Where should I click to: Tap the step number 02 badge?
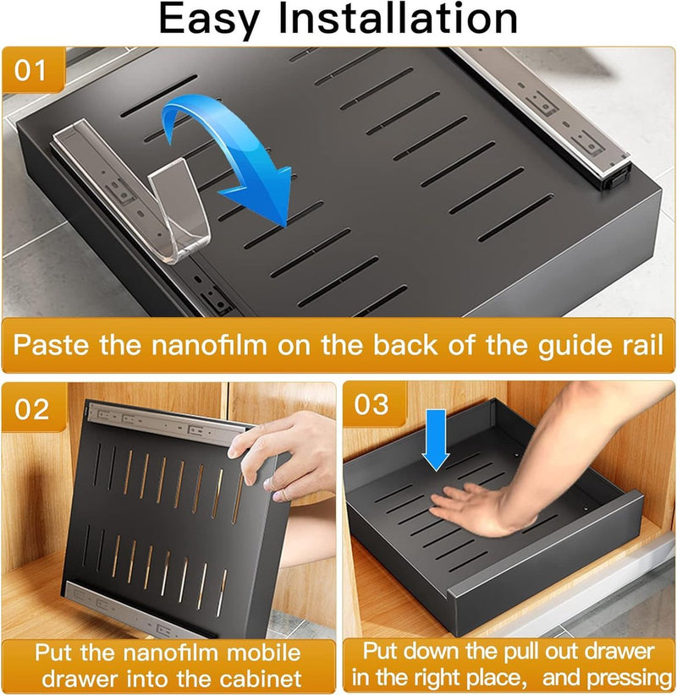(x=31, y=408)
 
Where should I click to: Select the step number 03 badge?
(x=372, y=404)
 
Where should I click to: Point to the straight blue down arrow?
(x=436, y=440)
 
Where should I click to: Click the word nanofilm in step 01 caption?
(x=209, y=344)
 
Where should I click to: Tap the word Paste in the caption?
(x=51, y=344)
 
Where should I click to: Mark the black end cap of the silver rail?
(x=615, y=178)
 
